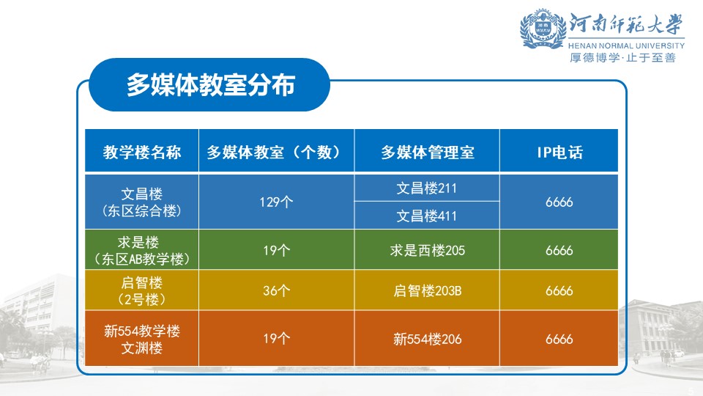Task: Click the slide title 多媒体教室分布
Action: pyautogui.click(x=210, y=84)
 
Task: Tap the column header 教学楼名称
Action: pyautogui.click(x=141, y=153)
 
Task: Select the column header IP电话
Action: pyautogui.click(x=559, y=153)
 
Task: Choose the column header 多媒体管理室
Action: pyautogui.click(x=427, y=153)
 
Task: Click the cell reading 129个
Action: pyautogui.click(x=276, y=202)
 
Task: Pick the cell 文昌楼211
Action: pyautogui.click(x=427, y=188)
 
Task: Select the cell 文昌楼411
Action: pyautogui.click(x=427, y=216)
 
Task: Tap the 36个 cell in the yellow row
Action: pyautogui.click(x=276, y=290)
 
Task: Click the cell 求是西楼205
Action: pyautogui.click(x=427, y=250)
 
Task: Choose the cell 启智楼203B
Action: pyautogui.click(x=427, y=290)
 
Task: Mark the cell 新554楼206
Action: pyautogui.click(x=427, y=339)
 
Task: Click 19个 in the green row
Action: pyautogui.click(x=276, y=250)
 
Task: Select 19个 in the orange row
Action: pyautogui.click(x=276, y=338)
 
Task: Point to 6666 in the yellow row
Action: pyautogui.click(x=559, y=290)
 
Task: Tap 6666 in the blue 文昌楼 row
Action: pyautogui.click(x=559, y=202)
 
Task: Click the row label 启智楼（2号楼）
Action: pyautogui.click(x=141, y=290)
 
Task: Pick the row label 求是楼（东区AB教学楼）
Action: pyautogui.click(x=141, y=250)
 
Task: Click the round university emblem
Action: pyautogui.click(x=543, y=29)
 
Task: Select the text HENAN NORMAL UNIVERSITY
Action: pyautogui.click(x=626, y=45)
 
